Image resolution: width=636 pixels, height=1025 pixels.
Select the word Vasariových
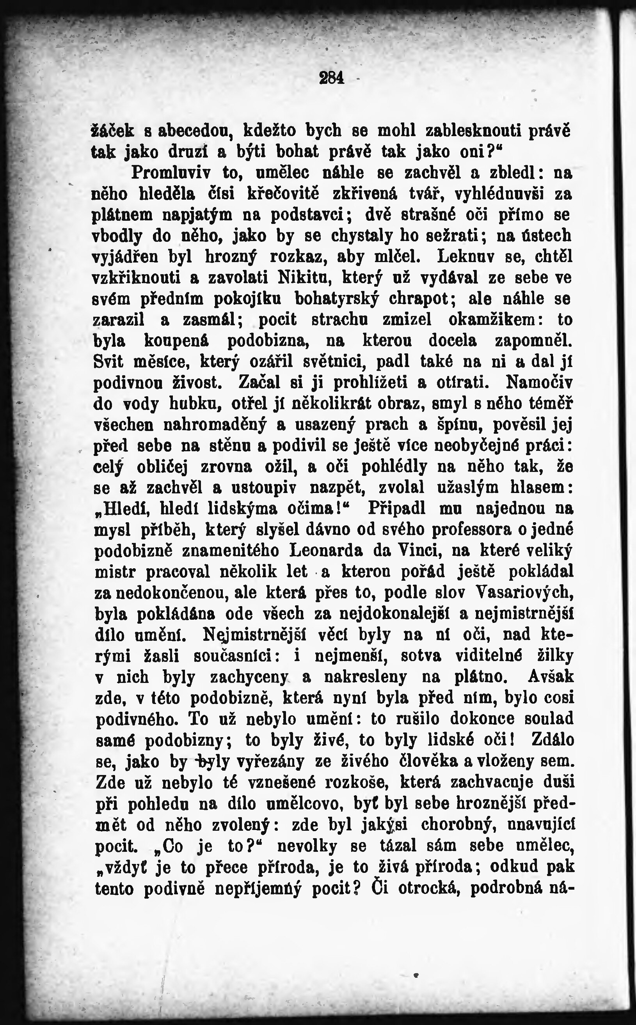(525, 593)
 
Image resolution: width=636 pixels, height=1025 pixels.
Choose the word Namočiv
(540, 383)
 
